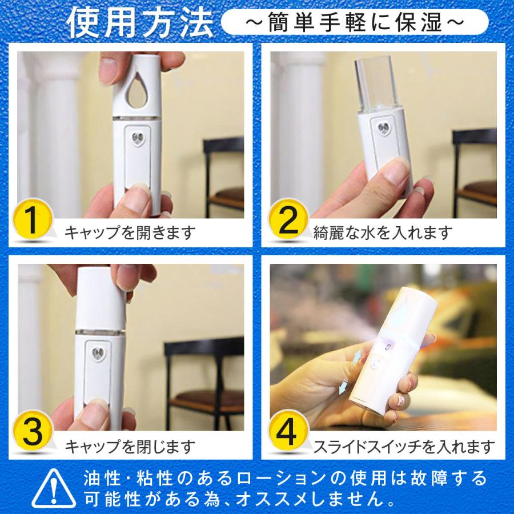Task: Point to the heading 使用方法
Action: (140, 22)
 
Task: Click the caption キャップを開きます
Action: (130, 232)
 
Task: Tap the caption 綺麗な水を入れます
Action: (383, 232)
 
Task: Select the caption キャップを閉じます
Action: (130, 446)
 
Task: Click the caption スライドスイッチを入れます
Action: (404, 446)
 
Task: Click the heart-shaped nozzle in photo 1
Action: (138, 139)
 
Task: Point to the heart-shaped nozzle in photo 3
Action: (98, 354)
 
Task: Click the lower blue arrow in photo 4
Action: (343, 387)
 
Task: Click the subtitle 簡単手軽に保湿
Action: (355, 22)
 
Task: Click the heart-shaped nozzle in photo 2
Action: (384, 127)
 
